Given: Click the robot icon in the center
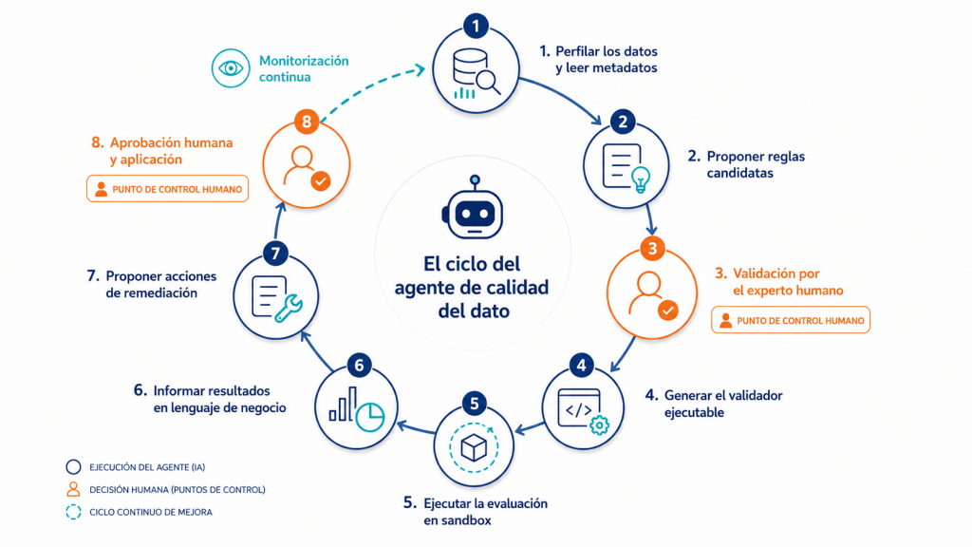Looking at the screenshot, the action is point(474,208).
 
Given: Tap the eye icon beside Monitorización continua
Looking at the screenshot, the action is point(230,68).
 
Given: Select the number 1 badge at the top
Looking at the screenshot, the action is point(476,26).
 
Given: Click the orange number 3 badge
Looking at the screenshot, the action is point(652,249).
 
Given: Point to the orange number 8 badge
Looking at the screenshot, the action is point(307,122).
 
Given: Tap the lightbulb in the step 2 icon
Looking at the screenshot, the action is point(641,179).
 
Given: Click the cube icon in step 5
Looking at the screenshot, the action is point(474,447).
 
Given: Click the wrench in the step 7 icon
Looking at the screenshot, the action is point(289,308).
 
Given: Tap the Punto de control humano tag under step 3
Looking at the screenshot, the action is point(791,320).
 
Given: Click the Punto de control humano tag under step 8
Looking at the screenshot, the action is point(167,189).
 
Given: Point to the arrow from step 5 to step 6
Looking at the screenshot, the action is point(416,428).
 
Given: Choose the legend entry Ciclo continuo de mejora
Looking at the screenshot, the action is point(139,512).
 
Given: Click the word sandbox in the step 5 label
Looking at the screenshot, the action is point(458,520).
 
